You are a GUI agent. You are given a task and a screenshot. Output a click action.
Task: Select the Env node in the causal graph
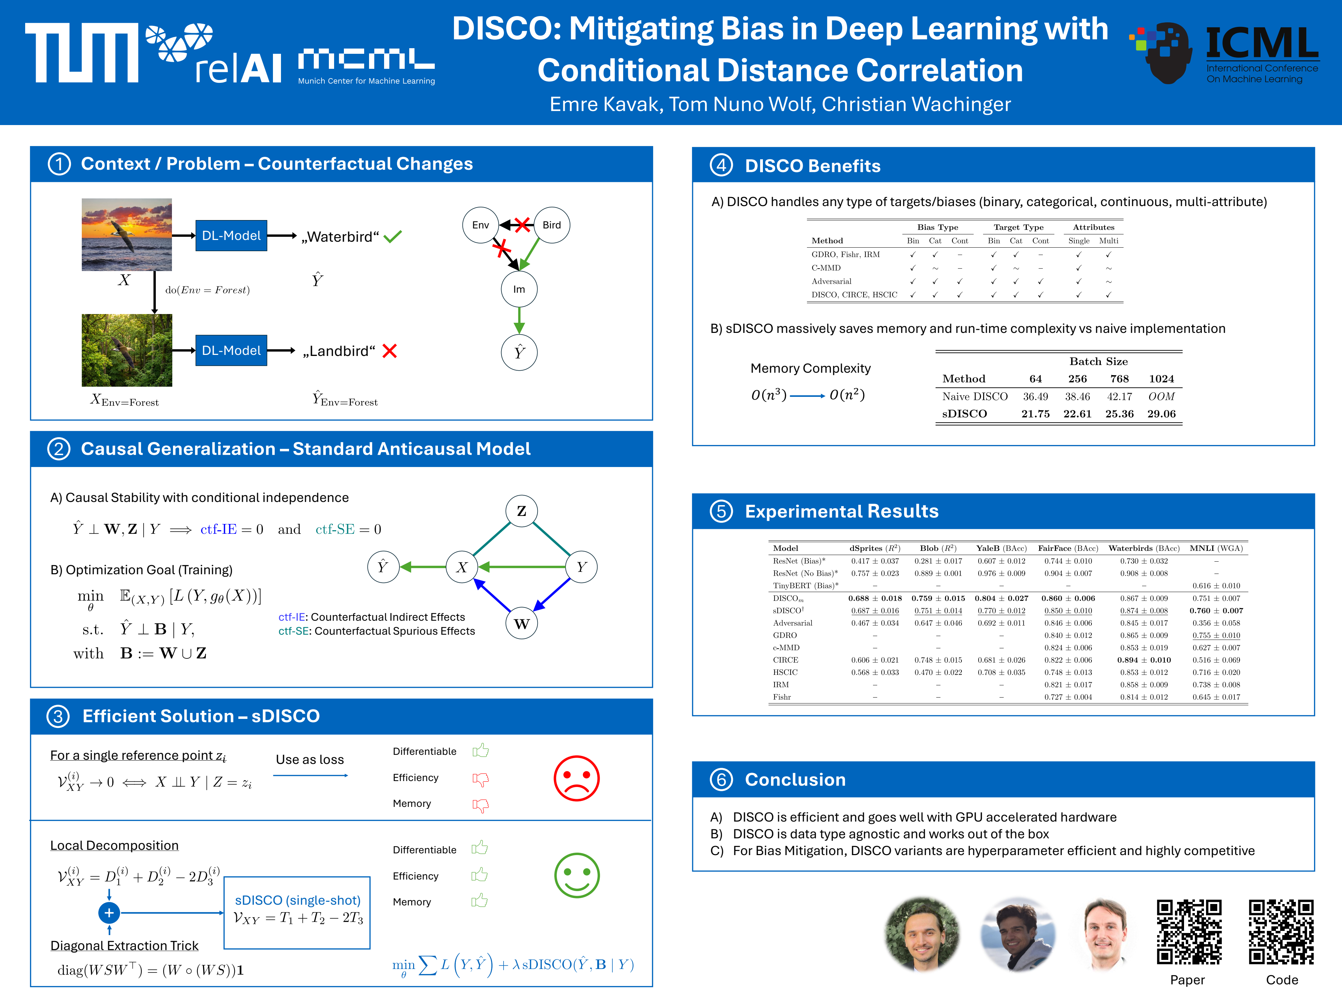click(x=481, y=225)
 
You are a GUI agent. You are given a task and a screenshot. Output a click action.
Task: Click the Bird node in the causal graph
click(x=551, y=225)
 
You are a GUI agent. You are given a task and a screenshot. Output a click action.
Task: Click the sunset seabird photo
click(x=127, y=235)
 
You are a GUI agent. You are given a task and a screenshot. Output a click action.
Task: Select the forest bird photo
click(x=127, y=350)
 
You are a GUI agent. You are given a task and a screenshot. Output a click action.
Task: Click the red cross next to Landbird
click(x=390, y=351)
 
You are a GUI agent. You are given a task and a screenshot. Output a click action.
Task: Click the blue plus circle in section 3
click(x=109, y=913)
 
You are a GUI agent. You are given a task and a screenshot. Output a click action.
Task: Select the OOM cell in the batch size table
click(x=1161, y=396)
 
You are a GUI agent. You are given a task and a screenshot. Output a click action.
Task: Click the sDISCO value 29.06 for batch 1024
click(x=1161, y=414)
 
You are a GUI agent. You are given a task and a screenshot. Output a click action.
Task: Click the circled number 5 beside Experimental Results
click(x=721, y=511)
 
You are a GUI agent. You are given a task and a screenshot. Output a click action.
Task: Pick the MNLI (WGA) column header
click(x=1216, y=548)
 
